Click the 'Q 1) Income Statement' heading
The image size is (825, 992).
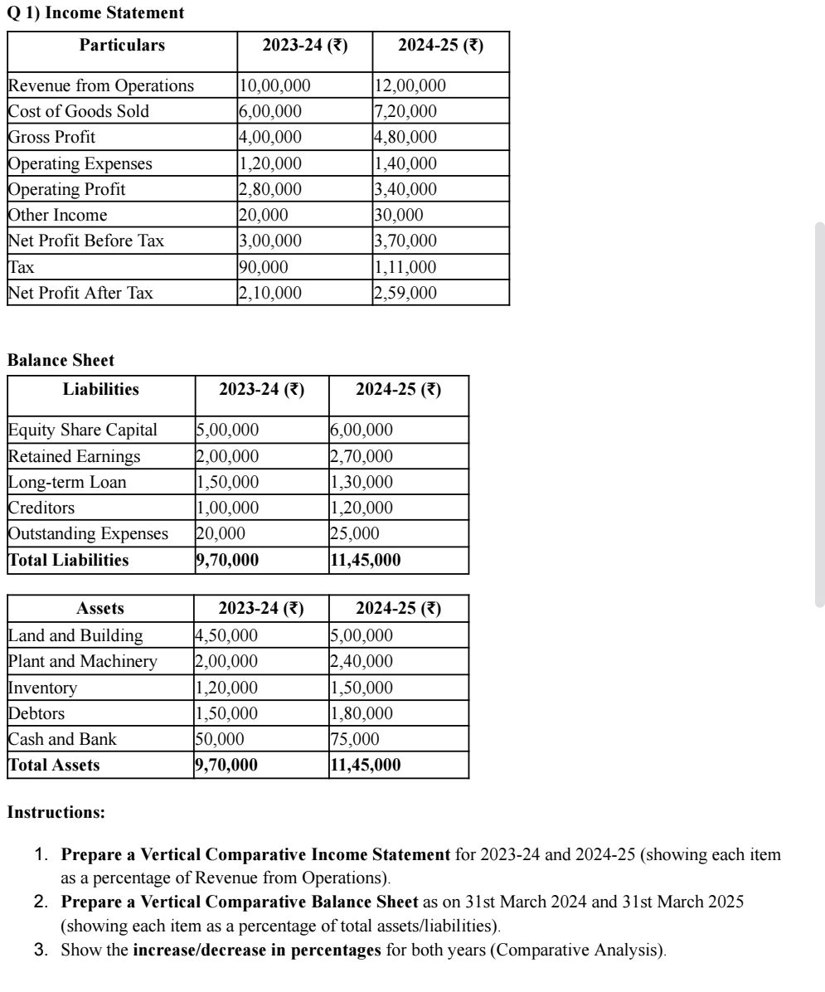(x=95, y=13)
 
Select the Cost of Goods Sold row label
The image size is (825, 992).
(x=79, y=111)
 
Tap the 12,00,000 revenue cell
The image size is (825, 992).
(x=410, y=85)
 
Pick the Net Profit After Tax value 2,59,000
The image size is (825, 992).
(x=405, y=293)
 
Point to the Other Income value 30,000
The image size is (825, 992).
(x=399, y=215)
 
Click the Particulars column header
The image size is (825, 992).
(x=122, y=46)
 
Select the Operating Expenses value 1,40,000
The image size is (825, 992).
(x=405, y=163)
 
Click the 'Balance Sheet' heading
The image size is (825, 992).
(x=61, y=361)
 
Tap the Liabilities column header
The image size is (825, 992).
(x=101, y=389)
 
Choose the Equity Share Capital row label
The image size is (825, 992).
(x=82, y=430)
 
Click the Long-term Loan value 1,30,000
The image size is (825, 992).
(x=361, y=482)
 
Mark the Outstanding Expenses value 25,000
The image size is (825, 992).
(x=354, y=533)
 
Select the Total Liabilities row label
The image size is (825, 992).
(x=69, y=560)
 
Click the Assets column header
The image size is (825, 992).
(x=100, y=609)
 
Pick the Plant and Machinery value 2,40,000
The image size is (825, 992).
(x=361, y=661)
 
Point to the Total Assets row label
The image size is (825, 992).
(x=54, y=765)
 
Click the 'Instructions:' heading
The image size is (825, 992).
(x=56, y=813)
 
